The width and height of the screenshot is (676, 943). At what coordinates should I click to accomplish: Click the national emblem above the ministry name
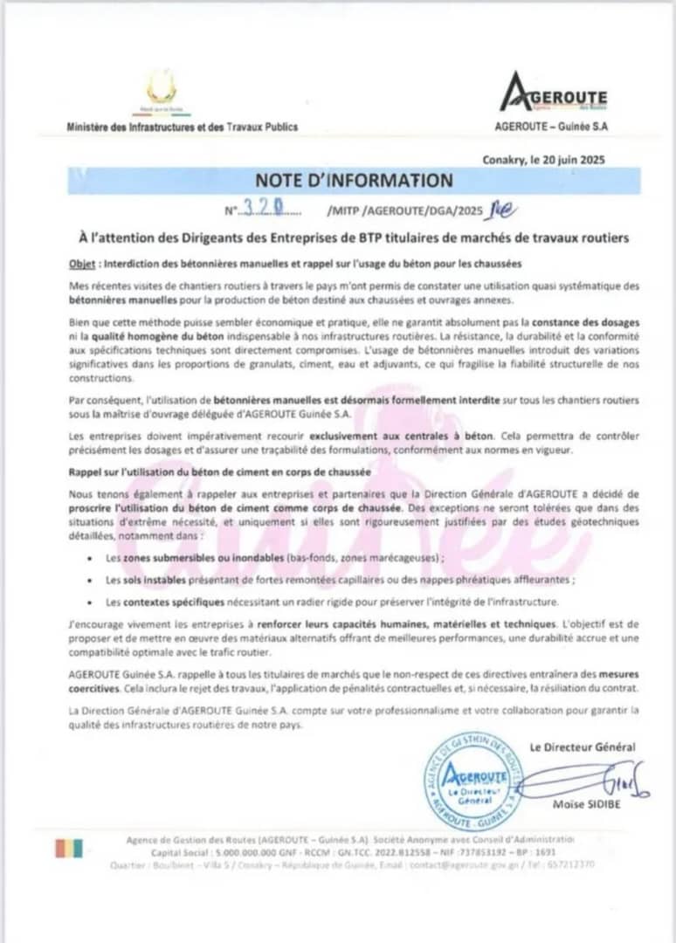pyautogui.click(x=161, y=89)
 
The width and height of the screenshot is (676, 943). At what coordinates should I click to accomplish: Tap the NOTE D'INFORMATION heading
pyautogui.click(x=354, y=181)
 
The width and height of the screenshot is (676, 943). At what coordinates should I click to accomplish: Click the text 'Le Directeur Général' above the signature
pyautogui.click(x=583, y=747)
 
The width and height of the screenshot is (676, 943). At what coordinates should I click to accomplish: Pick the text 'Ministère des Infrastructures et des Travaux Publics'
pyautogui.click(x=182, y=127)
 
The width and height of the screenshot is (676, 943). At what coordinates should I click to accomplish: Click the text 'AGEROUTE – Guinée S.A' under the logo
pyautogui.click(x=552, y=127)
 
